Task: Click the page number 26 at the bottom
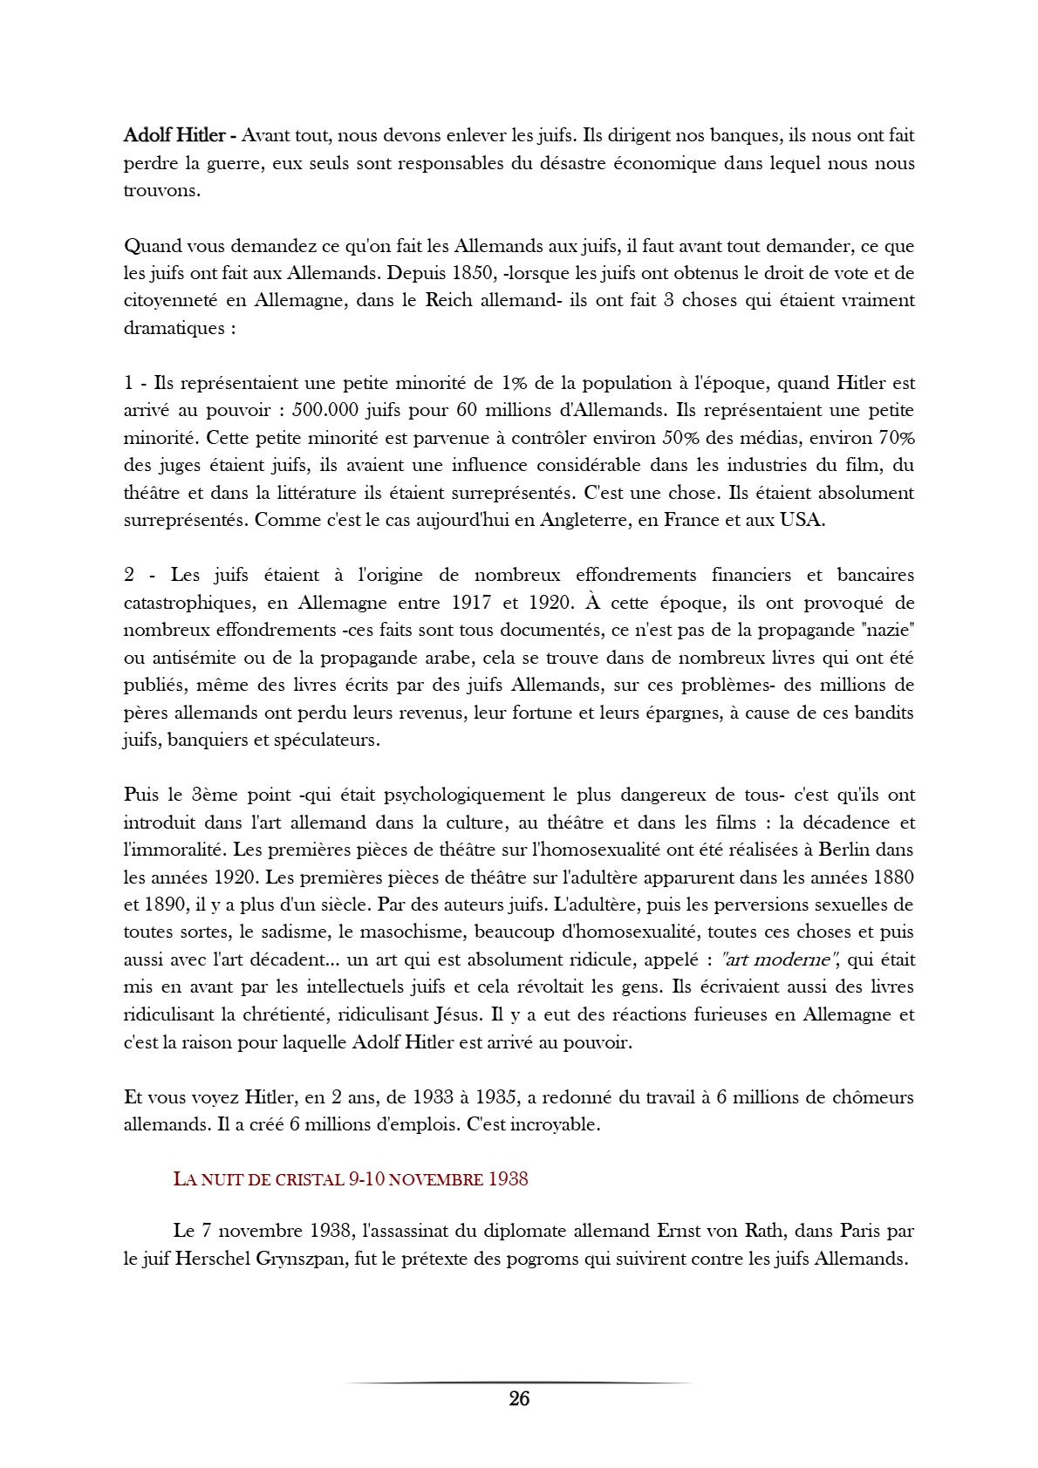tap(519, 1399)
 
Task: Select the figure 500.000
tap(328, 410)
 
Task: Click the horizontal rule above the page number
tap(519, 1383)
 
